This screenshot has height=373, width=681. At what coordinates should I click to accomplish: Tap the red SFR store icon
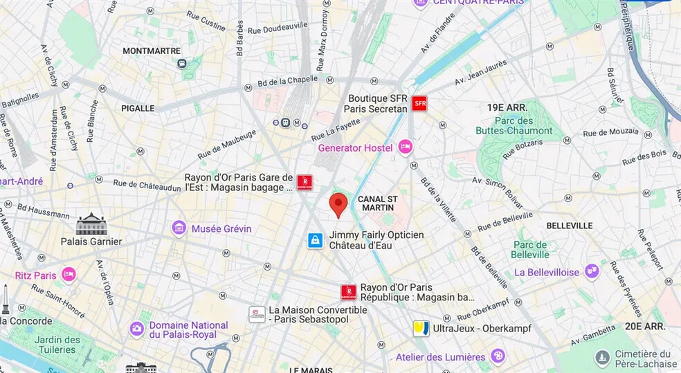(419, 104)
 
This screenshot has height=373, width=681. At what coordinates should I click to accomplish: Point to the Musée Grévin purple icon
(179, 228)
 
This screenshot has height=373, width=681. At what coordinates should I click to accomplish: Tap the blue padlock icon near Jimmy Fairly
(316, 240)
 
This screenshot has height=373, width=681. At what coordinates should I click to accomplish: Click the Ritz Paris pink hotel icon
(69, 275)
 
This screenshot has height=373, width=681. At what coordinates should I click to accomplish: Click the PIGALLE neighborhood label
(138, 108)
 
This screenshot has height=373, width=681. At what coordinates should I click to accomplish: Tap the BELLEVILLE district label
(569, 226)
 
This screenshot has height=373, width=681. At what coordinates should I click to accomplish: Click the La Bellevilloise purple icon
(592, 272)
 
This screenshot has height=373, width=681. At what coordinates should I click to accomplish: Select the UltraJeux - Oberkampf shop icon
(421, 328)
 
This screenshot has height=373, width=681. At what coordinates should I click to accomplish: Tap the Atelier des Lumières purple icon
(498, 356)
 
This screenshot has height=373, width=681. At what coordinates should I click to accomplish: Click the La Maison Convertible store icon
(257, 314)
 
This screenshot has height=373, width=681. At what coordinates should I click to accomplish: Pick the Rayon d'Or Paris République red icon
(348, 292)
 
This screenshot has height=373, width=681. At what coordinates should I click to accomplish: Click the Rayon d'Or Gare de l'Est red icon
(303, 182)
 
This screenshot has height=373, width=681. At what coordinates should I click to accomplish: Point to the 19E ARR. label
(507, 107)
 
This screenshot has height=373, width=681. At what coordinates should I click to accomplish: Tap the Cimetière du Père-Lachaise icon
(602, 358)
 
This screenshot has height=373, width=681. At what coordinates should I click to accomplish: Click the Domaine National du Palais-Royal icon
(137, 329)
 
